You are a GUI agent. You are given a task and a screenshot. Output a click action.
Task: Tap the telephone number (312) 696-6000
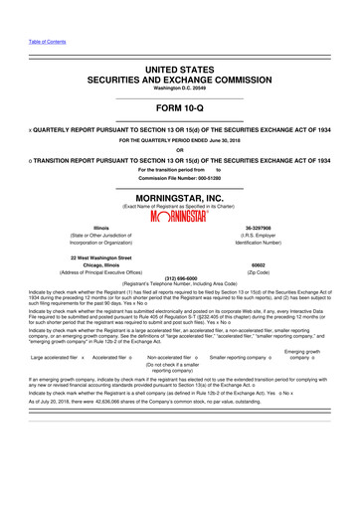(180, 278)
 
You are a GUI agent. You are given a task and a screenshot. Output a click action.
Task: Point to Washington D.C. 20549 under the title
(180, 90)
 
